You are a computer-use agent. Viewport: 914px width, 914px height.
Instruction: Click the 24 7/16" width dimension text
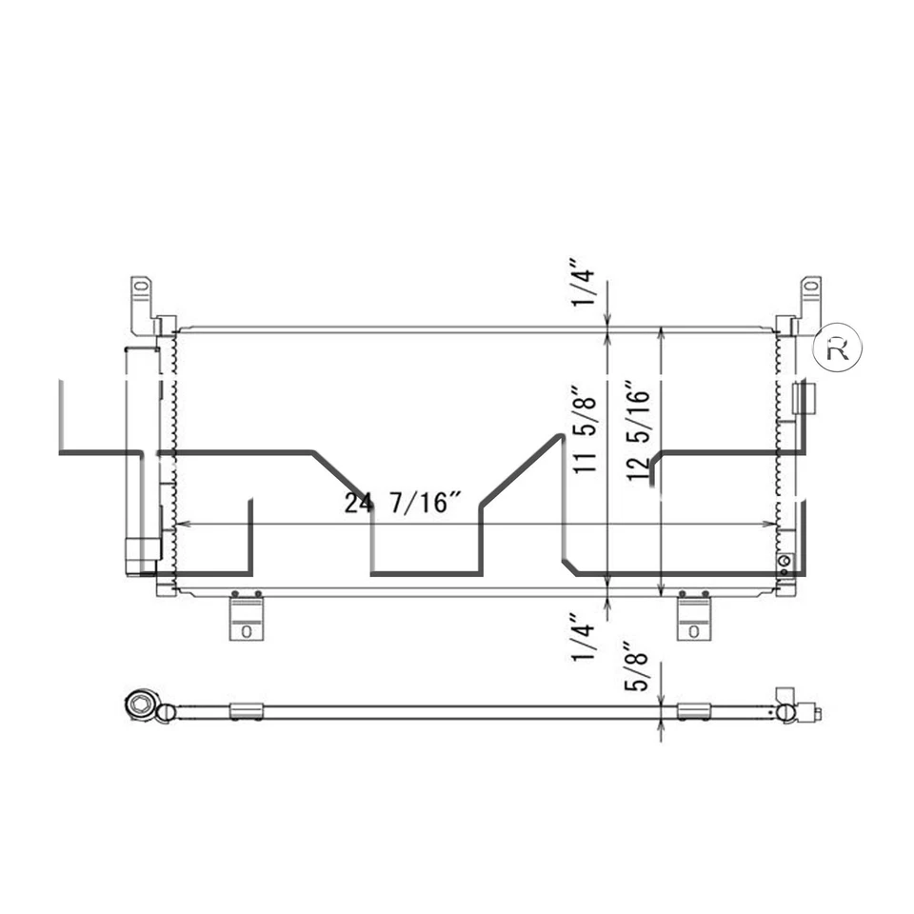point(403,503)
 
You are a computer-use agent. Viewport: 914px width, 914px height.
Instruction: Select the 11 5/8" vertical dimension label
point(586,428)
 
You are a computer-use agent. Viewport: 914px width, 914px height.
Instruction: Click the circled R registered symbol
point(837,349)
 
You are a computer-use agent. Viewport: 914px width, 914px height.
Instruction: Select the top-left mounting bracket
point(143,303)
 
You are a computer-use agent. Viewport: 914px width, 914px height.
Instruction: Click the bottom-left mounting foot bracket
point(246,618)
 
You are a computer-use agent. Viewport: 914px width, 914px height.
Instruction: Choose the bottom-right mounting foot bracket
point(693,618)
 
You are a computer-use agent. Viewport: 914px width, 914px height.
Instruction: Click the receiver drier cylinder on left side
point(142,457)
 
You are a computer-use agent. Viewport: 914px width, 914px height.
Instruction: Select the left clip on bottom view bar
point(246,711)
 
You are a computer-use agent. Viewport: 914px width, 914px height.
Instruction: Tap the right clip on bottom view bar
point(693,711)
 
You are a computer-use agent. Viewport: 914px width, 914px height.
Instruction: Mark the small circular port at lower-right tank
point(785,561)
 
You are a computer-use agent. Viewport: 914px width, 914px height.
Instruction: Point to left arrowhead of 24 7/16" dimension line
point(183,524)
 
